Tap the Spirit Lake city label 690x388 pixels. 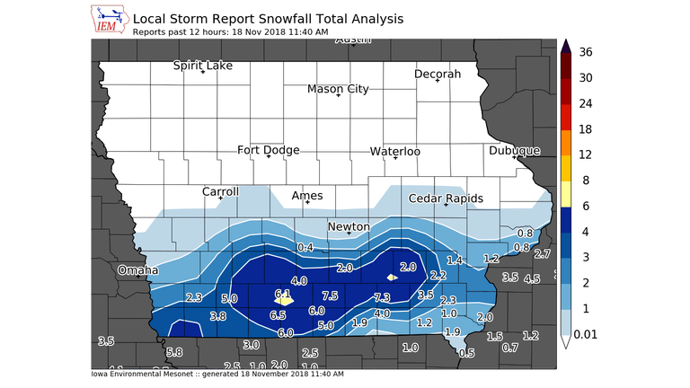(x=203, y=66)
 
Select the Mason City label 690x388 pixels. (x=338, y=89)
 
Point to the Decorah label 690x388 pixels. (x=438, y=74)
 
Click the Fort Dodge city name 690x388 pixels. (x=269, y=150)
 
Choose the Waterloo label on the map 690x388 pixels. (x=395, y=152)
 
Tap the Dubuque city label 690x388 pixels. (x=514, y=151)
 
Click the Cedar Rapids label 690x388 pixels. (x=446, y=198)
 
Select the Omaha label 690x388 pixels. (x=138, y=269)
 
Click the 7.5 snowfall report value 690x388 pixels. (x=329, y=295)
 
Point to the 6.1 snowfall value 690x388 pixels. (x=283, y=294)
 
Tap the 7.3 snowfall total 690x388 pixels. (x=382, y=297)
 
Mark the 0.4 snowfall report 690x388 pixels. (x=305, y=247)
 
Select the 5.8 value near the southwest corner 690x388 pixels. (x=174, y=352)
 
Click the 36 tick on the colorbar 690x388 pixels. (x=586, y=52)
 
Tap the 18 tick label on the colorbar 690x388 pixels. (x=586, y=129)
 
